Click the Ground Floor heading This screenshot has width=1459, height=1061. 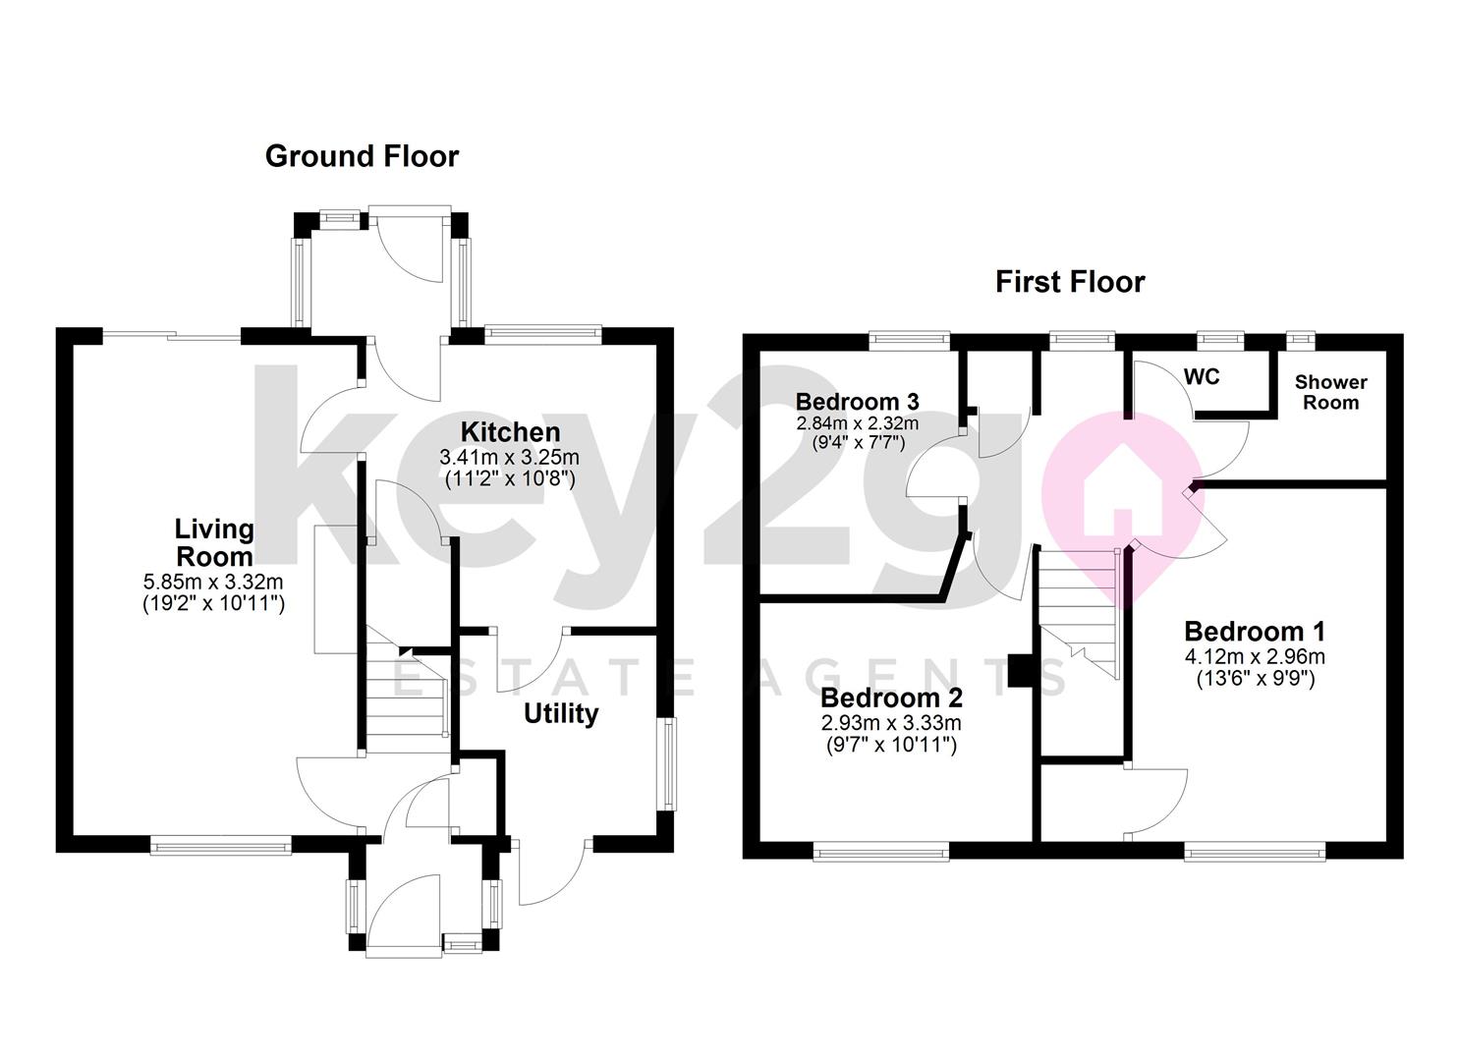click(362, 156)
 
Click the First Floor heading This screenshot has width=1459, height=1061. click(1069, 282)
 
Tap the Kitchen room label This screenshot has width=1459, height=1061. click(510, 432)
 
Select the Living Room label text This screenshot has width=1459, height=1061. click(214, 542)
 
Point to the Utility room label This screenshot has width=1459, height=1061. click(560, 713)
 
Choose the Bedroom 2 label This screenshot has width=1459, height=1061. click(891, 698)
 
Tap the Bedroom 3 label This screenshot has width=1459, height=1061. click(857, 401)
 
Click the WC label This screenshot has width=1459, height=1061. click(1202, 377)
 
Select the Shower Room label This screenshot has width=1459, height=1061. click(1330, 392)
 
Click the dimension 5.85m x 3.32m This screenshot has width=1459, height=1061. click(214, 583)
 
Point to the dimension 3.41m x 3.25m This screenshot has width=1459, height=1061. click(510, 458)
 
